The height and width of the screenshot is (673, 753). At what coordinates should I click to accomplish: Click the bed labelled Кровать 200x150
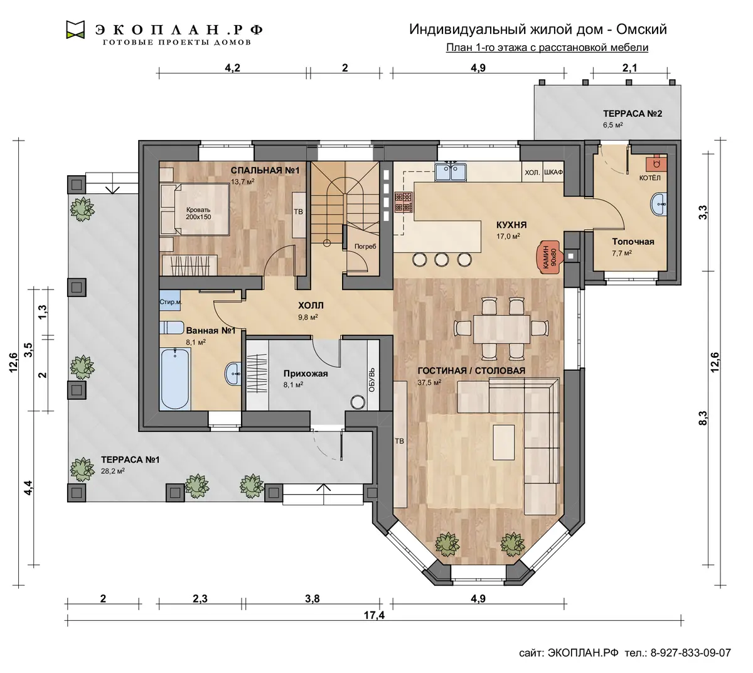(195, 209)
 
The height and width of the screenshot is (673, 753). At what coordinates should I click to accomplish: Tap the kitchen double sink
(451, 172)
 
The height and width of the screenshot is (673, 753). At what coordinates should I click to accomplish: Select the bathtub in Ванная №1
(174, 379)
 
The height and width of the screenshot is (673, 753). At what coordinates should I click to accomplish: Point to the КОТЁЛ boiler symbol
(656, 162)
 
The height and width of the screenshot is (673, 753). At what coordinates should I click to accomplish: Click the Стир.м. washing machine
(170, 302)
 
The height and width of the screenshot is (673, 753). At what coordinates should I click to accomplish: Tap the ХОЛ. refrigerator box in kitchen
(532, 173)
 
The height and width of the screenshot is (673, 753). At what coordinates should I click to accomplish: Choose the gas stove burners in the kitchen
(403, 202)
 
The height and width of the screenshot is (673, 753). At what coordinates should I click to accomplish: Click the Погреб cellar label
(365, 247)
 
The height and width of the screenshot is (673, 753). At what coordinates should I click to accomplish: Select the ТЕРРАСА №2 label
(633, 114)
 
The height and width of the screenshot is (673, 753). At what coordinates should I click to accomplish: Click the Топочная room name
(633, 242)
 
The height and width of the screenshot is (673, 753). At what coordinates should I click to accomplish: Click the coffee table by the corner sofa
(504, 443)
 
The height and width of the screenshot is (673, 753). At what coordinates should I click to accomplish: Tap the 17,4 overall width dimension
(374, 615)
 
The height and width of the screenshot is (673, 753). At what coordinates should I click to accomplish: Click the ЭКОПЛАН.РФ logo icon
(75, 30)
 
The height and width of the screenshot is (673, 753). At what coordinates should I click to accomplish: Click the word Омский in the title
(641, 29)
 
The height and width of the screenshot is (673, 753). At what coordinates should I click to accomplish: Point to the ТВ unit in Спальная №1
(299, 215)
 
